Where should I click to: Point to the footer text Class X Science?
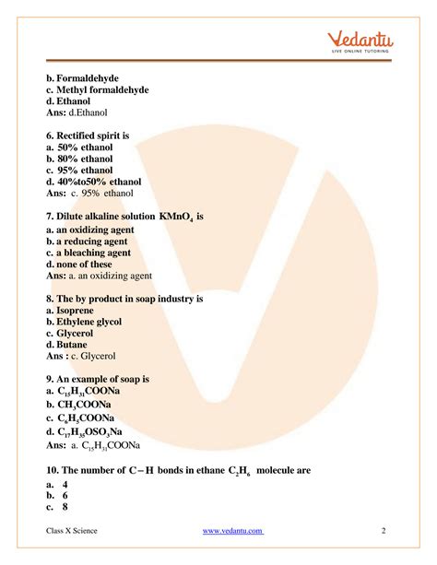pos(72,531)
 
